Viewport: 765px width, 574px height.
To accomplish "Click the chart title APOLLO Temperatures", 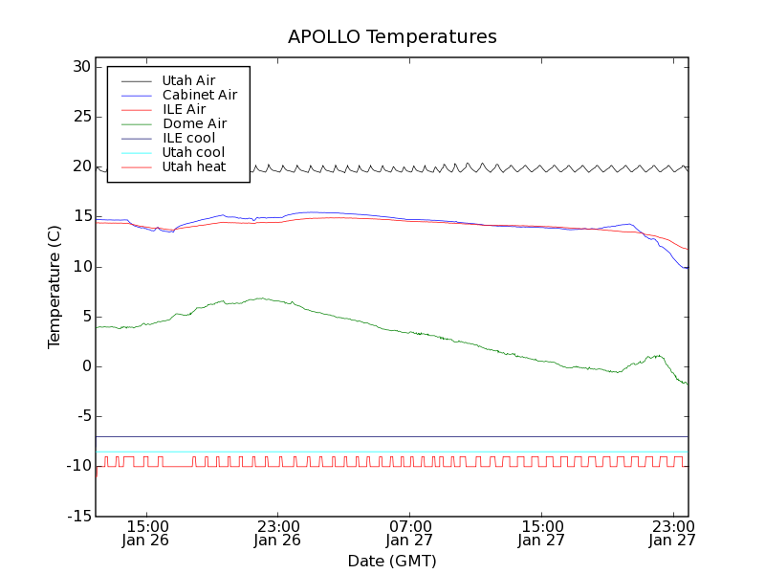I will pyautogui.click(x=392, y=37).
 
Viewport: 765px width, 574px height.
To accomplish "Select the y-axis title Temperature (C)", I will pyautogui.click(x=55, y=287).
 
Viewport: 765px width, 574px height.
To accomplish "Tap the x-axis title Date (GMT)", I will pyautogui.click(x=392, y=561).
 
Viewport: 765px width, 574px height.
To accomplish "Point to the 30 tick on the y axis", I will pyautogui.click(x=79, y=67).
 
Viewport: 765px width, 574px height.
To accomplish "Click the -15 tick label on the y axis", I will pyautogui.click(x=76, y=517).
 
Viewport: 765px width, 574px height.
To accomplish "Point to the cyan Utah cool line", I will pyautogui.click(x=382, y=452).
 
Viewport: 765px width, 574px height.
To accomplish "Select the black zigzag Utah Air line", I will pyautogui.click(x=382, y=168).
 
